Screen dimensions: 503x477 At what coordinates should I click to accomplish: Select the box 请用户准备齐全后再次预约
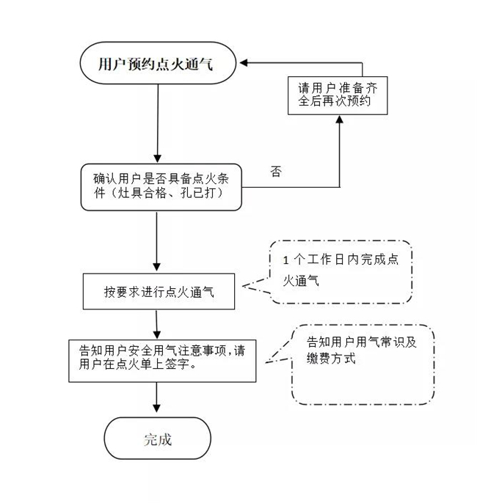[x=337, y=95]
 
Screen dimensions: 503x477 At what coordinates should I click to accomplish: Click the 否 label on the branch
[x=276, y=172]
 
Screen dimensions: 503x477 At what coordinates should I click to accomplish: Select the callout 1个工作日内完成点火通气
[x=340, y=271]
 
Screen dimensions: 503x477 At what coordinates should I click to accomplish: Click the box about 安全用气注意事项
[x=162, y=359]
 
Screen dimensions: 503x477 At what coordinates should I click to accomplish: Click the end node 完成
[x=157, y=439]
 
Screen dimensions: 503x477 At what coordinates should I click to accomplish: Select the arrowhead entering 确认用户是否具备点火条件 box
[x=156, y=158]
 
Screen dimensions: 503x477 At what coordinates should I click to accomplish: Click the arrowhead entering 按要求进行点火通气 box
[x=156, y=269]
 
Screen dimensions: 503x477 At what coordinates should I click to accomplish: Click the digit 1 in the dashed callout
[x=285, y=261]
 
